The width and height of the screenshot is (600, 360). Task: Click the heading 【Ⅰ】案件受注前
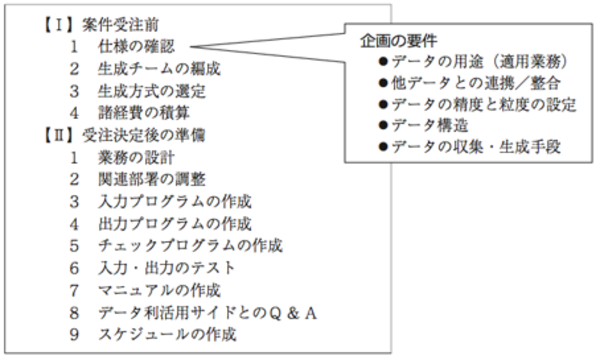(x=101, y=25)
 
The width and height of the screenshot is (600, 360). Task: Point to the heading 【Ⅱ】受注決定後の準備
(x=124, y=135)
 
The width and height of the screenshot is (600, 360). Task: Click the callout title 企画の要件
(x=398, y=41)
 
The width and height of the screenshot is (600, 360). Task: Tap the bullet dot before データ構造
(x=383, y=125)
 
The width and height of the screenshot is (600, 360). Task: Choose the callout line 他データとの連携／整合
(x=470, y=83)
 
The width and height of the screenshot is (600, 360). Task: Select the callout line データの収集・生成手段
(x=470, y=147)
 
